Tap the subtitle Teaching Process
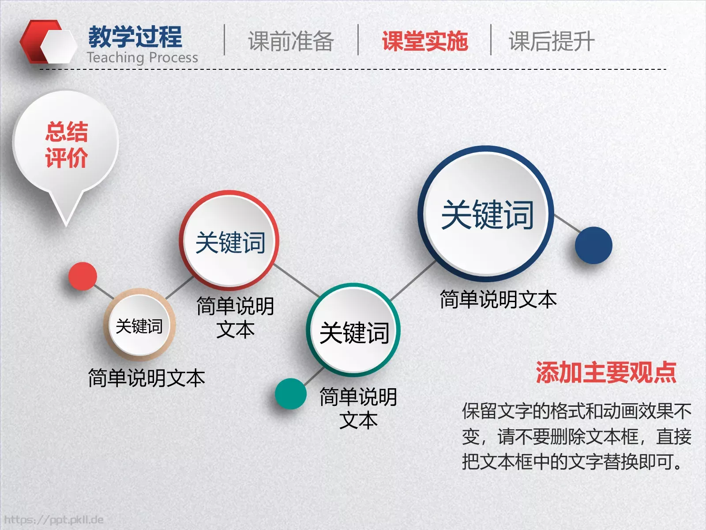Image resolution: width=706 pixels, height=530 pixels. [142, 57]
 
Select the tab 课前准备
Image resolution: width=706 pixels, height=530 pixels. [291, 41]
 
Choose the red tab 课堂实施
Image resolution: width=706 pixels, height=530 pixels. [424, 41]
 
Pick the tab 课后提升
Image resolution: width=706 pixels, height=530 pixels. [552, 41]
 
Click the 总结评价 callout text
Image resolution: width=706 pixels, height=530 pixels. [66, 144]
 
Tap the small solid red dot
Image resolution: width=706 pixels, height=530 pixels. [83, 276]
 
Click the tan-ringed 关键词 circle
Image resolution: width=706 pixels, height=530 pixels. [139, 326]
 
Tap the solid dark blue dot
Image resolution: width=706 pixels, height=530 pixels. [593, 246]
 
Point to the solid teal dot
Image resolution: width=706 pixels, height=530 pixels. [290, 394]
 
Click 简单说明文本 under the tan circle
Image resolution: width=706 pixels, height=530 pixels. [146, 378]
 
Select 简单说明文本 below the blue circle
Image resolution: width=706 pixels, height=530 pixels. [498, 299]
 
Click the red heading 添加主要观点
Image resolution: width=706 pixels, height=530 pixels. [606, 372]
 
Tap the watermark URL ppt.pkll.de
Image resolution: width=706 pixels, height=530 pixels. [54, 520]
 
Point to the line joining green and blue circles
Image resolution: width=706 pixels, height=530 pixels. [413, 281]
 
